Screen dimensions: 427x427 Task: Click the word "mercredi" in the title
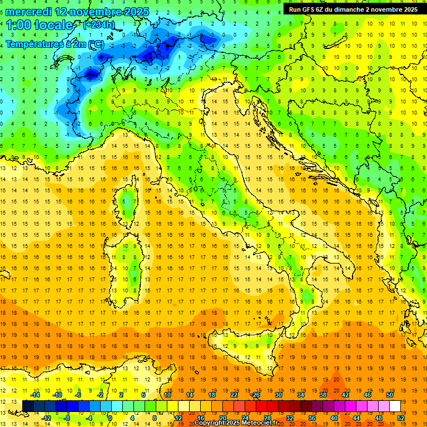coord(28,11)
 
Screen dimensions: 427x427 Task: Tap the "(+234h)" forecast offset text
coord(100,25)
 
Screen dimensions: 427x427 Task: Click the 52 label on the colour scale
coord(401,418)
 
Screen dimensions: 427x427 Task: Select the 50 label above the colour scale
coord(390,395)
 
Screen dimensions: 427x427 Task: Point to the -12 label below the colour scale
coord(46,418)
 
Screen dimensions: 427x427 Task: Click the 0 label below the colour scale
coord(111,418)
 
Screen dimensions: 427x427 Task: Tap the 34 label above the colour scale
coord(301,395)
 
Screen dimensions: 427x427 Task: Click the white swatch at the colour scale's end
coord(395,406)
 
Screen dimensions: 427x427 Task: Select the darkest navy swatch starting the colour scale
coord(28,406)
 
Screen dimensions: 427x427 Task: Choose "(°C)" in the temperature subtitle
coord(95,44)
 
